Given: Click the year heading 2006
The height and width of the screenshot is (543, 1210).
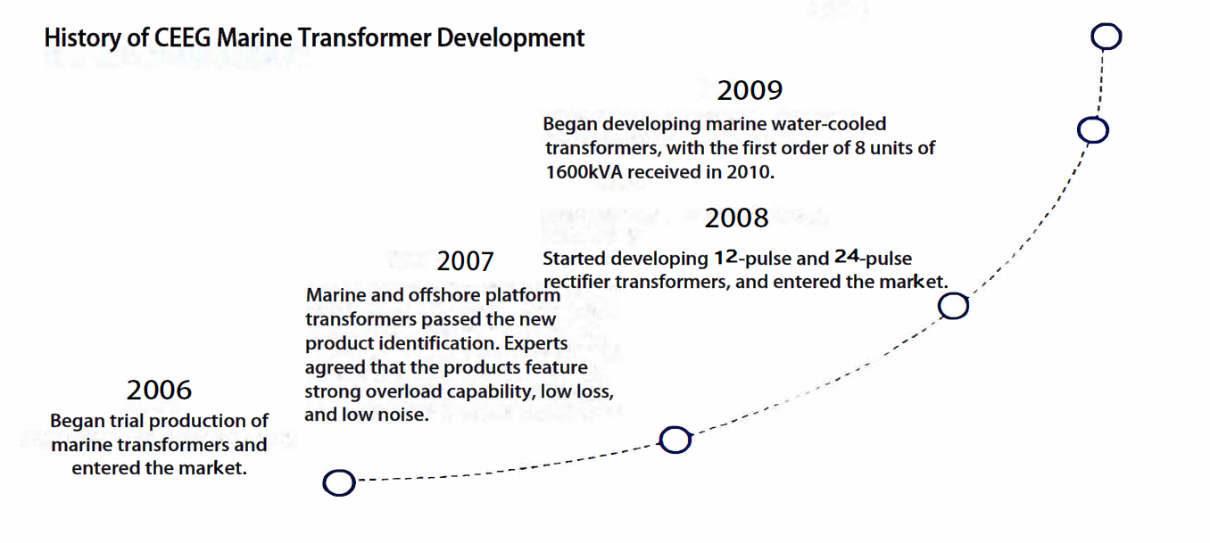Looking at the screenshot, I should tap(159, 390).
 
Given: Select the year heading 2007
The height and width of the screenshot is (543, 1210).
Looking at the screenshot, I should tap(465, 261).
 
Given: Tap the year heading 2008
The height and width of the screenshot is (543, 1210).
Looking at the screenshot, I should tap(736, 218).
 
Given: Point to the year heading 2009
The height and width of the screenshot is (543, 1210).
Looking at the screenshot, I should tap(750, 90).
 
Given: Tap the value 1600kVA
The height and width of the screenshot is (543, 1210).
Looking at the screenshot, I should tap(584, 172).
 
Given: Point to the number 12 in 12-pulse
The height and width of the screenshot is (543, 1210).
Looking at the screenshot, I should tap(725, 259).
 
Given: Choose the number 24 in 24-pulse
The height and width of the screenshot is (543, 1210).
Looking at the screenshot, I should tap(846, 259).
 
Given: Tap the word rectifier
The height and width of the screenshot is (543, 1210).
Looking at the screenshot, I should tap(577, 283).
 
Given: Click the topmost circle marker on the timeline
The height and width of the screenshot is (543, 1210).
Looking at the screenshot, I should tap(1106, 37).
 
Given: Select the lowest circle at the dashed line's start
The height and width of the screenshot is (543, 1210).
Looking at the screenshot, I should tap(338, 483).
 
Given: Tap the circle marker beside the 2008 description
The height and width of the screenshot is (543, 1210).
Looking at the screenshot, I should tap(954, 307).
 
